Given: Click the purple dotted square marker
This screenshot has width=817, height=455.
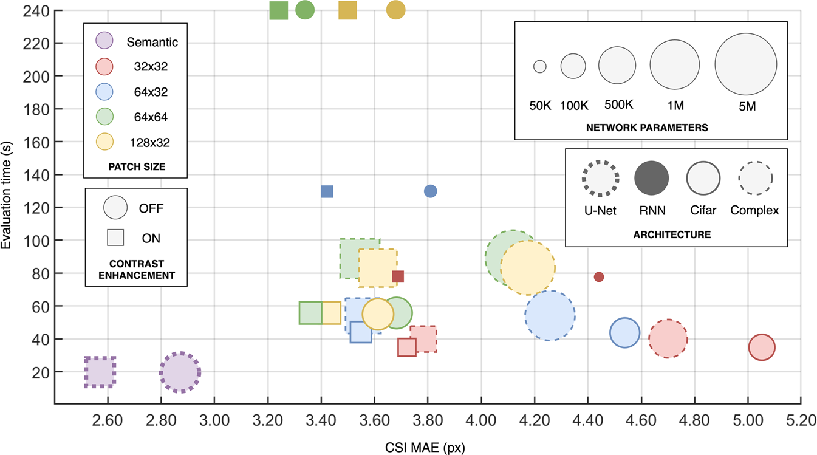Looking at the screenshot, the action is click(100, 372).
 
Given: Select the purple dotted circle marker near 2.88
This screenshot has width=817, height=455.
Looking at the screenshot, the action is click(180, 373).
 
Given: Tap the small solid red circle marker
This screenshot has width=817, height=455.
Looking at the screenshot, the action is click(599, 277).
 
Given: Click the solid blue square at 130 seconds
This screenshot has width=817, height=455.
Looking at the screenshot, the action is click(327, 191).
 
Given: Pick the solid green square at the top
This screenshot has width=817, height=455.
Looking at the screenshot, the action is click(278, 10).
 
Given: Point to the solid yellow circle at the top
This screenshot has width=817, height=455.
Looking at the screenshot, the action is click(395, 10).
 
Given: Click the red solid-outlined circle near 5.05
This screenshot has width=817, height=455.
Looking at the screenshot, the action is click(762, 347).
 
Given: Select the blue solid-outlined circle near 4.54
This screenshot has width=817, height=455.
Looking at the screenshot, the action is click(624, 332).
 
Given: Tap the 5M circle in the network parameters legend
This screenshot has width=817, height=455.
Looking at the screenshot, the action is click(745, 65).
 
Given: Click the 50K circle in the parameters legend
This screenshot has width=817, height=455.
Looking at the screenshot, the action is click(540, 66).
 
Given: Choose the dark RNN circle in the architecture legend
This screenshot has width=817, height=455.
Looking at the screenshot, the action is click(651, 178).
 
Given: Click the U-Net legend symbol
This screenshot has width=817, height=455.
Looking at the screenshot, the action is click(600, 178).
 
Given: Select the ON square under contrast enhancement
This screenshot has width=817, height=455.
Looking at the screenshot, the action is click(115, 238).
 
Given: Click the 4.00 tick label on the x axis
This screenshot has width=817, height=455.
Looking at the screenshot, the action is click(481, 419).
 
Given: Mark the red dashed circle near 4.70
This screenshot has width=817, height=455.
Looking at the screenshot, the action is click(668, 339).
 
